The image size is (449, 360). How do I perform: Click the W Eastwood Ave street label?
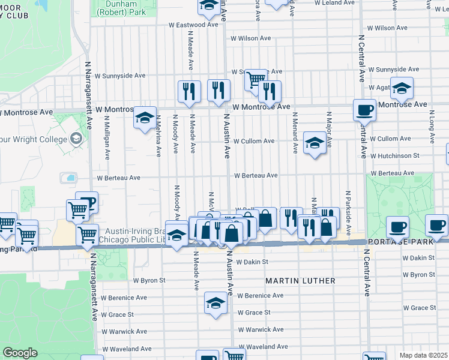193,25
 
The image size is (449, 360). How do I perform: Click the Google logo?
20,353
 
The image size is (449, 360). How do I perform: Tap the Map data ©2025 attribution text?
424,355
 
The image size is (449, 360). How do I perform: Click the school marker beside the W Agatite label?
402,88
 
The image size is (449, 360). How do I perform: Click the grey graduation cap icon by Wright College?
76,139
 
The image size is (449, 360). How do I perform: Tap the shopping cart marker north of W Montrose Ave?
256,79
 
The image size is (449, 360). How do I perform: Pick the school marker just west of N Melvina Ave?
145,118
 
